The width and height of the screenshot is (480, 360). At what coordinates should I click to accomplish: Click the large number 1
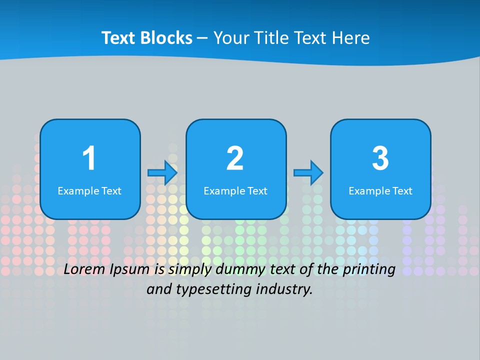pos(89,158)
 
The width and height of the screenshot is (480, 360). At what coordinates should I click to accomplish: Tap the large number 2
pos(235,158)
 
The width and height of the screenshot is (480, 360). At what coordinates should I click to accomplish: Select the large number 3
pos(380,158)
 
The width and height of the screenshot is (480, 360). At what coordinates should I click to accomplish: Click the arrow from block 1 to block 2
pos(162,172)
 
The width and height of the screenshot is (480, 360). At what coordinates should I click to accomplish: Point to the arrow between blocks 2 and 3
pos(308,172)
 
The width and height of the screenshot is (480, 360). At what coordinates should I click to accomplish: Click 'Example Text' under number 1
pos(89,191)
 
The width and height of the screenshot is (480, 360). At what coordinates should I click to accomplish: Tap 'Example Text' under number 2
pos(235,191)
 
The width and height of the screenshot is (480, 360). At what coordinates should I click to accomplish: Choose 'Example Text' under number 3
pos(380,191)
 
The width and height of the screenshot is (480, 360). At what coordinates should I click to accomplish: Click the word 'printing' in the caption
pos(369,270)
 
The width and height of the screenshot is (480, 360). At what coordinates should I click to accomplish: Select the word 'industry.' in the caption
pos(284,289)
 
